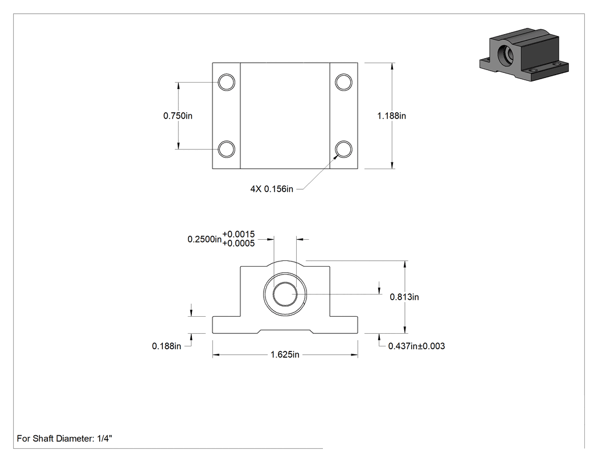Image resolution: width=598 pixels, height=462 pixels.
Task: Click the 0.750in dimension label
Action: tap(178, 116)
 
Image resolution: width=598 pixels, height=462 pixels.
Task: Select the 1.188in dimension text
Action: tap(392, 116)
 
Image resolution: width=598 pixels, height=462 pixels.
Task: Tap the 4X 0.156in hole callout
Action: tap(272, 189)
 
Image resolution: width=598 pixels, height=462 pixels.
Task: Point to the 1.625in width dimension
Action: tap(285, 354)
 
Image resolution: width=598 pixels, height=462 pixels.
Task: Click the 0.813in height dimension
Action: tap(404, 297)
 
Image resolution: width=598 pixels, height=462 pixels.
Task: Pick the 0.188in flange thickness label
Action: tap(167, 346)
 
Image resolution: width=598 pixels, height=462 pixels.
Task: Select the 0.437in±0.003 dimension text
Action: tap(416, 346)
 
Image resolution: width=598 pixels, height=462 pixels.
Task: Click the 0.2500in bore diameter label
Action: tap(204, 239)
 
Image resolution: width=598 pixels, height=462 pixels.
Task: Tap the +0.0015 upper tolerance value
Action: tap(239, 234)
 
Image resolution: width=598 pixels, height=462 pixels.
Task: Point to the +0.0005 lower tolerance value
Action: tap(239, 243)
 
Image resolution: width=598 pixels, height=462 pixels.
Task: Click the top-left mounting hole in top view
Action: tap(227, 82)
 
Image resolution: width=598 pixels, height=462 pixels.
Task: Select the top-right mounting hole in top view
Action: tap(343, 82)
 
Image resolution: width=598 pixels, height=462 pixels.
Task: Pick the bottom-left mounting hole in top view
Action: tap(227, 149)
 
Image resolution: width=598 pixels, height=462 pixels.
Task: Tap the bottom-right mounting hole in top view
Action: tap(343, 149)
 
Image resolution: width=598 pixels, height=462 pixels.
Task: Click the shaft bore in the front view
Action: tap(285, 294)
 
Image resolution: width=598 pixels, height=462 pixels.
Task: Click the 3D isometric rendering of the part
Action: tap(524, 55)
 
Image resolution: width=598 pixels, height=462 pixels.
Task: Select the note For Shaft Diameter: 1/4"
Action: tap(64, 438)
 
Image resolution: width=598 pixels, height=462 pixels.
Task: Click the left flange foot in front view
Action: tap(227, 325)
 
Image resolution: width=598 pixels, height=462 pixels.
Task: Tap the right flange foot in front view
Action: tap(343, 325)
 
